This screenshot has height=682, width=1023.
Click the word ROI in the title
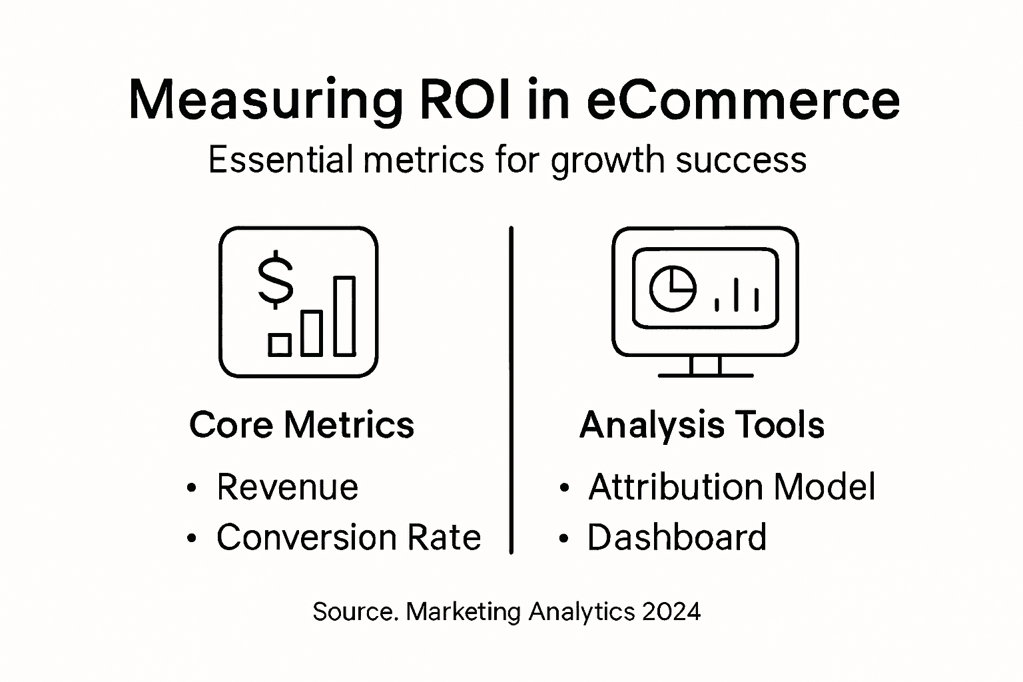(466, 100)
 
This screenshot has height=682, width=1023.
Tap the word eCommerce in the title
(743, 100)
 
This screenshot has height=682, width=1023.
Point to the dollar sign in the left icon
(275, 280)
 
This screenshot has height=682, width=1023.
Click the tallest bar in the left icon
(344, 316)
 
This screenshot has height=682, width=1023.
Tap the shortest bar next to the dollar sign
(280, 344)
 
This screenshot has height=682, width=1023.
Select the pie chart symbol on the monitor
(673, 288)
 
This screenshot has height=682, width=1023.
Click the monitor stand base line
(705, 376)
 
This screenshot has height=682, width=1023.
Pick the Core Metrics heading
(302, 425)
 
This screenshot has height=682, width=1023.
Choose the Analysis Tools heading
(702, 425)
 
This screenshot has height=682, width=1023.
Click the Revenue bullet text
(287, 487)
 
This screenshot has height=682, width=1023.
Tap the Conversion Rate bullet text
(348, 537)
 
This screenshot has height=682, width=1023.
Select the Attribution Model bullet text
(731, 487)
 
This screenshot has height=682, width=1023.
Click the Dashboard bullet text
(677, 537)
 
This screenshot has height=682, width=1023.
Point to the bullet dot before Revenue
(192, 488)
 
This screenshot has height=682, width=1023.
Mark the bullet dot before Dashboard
(563, 538)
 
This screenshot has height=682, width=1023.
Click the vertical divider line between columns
(511, 390)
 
